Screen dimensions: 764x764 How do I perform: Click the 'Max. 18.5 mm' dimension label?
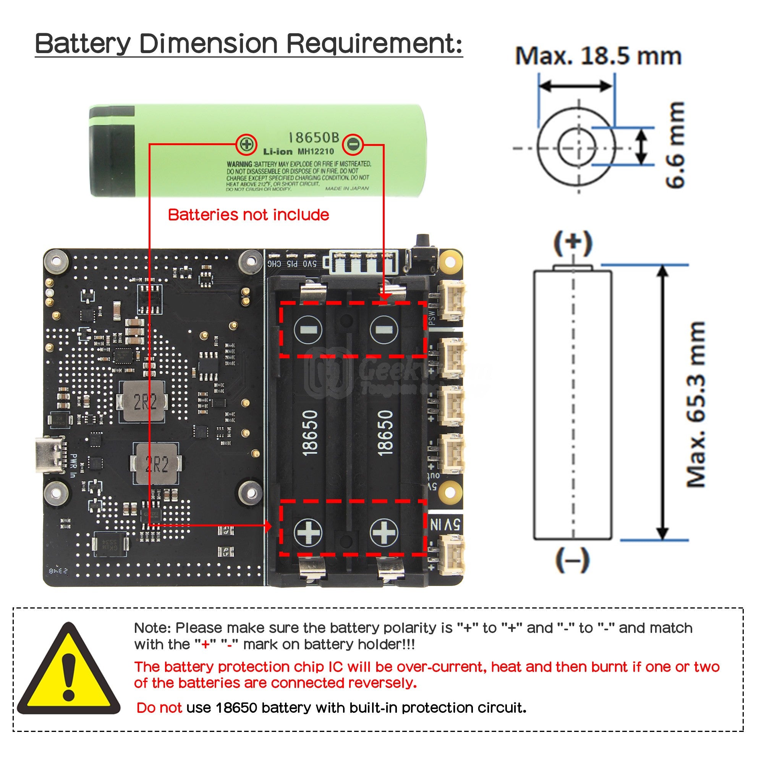click(598, 56)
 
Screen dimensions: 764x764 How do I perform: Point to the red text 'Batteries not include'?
click(248, 215)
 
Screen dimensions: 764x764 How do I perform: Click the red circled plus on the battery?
click(246, 144)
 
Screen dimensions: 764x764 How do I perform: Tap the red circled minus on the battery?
click(352, 144)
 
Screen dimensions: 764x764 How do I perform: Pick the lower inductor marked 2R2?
click(157, 464)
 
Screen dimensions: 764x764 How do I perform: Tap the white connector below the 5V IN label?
click(452, 552)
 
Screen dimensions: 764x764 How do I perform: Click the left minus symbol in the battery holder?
click(308, 329)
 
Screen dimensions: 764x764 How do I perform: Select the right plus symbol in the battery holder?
click(384, 532)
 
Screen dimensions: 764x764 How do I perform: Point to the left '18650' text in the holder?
click(310, 433)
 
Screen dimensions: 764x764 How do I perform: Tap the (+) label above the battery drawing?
click(573, 243)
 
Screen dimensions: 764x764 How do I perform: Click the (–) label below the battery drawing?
click(572, 560)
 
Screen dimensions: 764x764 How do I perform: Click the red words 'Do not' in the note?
click(159, 707)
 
